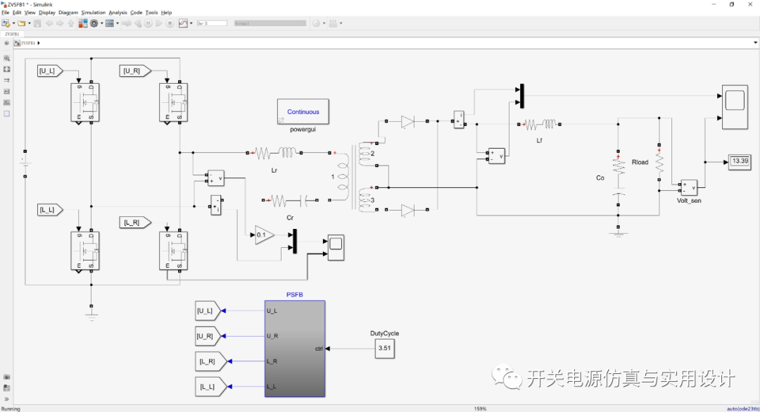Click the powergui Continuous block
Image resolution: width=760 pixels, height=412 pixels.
pos(303,111)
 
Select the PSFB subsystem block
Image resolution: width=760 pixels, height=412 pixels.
pos(295,349)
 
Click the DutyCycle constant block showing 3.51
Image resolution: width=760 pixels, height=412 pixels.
pos(384,348)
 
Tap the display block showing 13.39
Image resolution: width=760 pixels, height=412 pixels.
pos(740,161)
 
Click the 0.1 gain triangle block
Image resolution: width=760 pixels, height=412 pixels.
pos(264,235)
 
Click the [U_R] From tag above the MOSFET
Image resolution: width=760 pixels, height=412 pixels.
pos(133,70)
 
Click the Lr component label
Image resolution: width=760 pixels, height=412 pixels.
pos(274,170)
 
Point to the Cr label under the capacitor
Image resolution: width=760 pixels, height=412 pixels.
pos(290,218)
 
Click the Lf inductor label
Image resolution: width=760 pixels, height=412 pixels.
pos(539,140)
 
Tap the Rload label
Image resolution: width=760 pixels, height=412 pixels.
pos(640,162)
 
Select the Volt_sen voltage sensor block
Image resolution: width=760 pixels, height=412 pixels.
pos(688,187)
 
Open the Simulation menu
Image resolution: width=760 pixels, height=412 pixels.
pos(93,13)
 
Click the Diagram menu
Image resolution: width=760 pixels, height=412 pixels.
pos(68,13)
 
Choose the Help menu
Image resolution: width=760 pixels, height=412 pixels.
pos(166,13)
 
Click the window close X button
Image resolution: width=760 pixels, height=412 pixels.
pos(749,4)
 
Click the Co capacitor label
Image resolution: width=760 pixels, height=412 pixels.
pos(600,177)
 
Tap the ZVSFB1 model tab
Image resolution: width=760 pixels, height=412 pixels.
pos(12,33)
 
